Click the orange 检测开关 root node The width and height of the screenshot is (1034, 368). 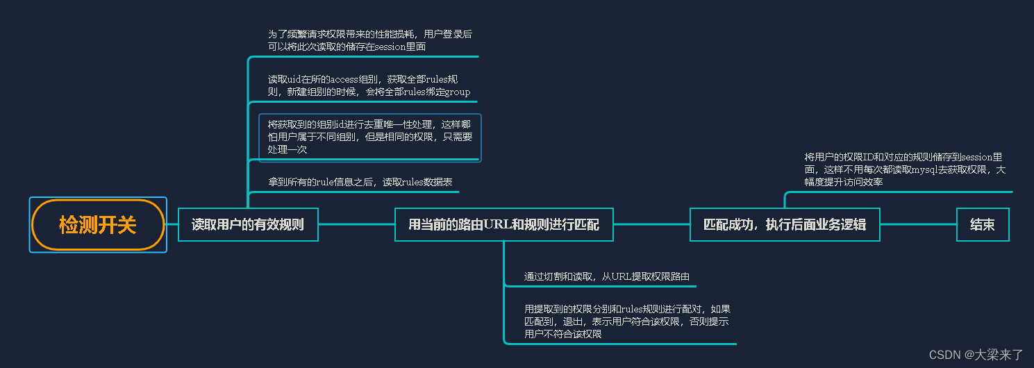pos(98,225)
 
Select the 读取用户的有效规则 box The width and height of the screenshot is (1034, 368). pos(248,224)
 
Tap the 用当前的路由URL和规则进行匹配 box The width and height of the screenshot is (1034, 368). pos(503,224)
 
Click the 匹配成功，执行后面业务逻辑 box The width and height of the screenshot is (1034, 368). pos(785,224)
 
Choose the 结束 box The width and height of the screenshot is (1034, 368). pos(982,224)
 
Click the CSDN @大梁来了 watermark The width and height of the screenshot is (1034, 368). pos(976,355)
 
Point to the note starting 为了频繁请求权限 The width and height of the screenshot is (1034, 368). pos(369,40)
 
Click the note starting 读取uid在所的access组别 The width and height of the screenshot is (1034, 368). pos(369,85)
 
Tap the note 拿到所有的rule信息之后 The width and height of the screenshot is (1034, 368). pos(360,182)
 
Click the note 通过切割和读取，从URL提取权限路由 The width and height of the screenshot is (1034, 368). pos(606,276)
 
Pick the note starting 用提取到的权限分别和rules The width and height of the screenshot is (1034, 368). pos(626,321)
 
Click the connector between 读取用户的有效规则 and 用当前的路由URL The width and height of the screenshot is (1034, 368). pos(356,224)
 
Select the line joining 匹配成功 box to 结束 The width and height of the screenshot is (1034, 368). pos(918,224)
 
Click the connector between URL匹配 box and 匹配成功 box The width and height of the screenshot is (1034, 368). pos(651,224)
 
